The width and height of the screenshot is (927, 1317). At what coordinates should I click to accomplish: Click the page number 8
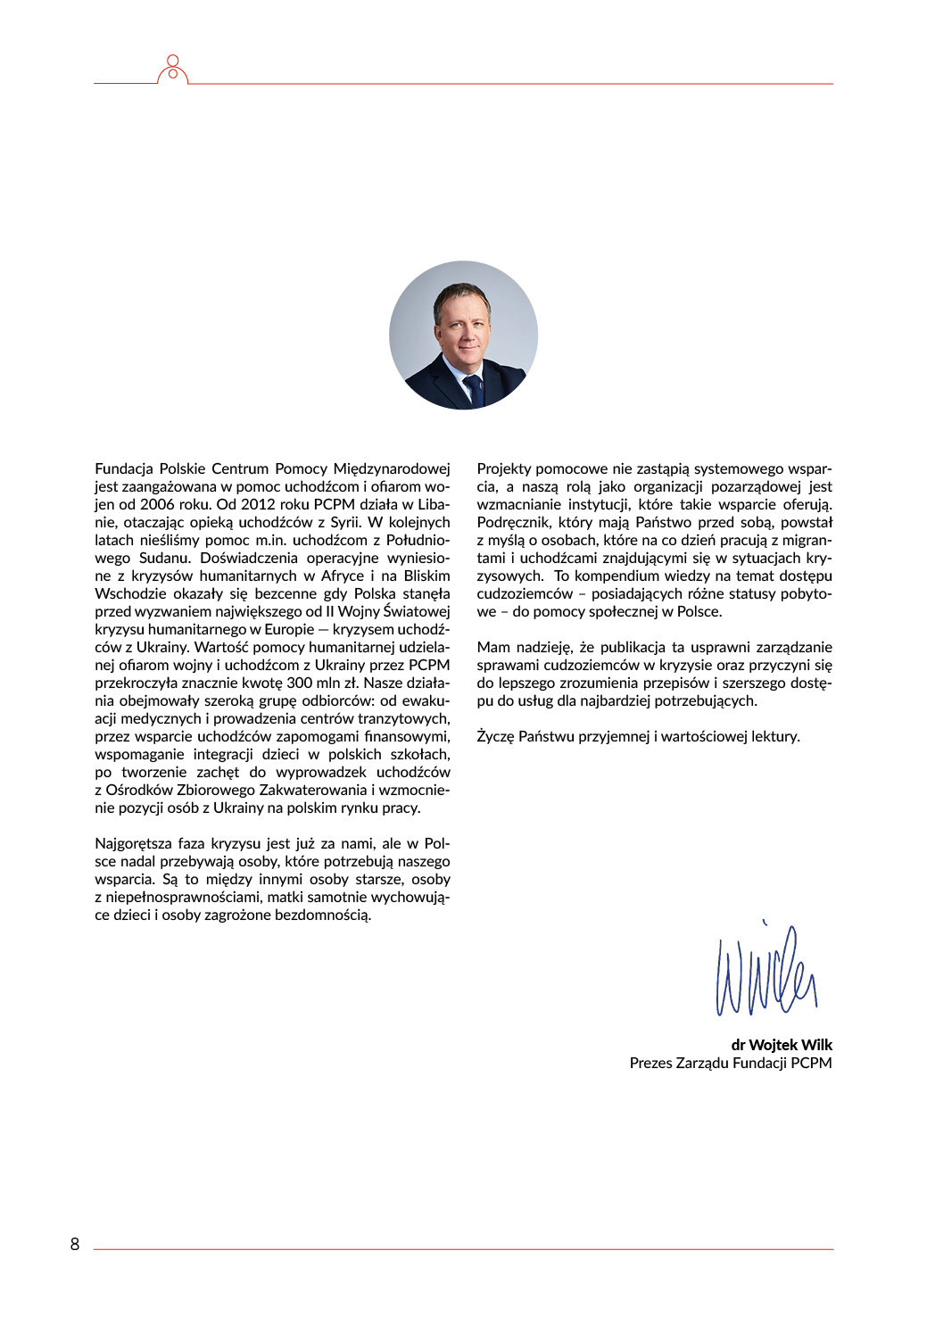(x=75, y=1244)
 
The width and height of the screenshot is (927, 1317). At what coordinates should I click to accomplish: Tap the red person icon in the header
(x=173, y=70)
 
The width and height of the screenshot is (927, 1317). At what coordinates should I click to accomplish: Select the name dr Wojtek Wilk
(x=782, y=1045)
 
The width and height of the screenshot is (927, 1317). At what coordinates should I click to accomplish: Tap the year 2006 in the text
(x=157, y=504)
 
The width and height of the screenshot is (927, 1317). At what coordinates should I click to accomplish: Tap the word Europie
(x=289, y=629)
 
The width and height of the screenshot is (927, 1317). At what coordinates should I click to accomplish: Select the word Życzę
(x=495, y=736)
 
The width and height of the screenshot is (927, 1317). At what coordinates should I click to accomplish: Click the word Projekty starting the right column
(x=504, y=468)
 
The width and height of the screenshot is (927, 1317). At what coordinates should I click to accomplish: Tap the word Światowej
(x=417, y=611)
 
